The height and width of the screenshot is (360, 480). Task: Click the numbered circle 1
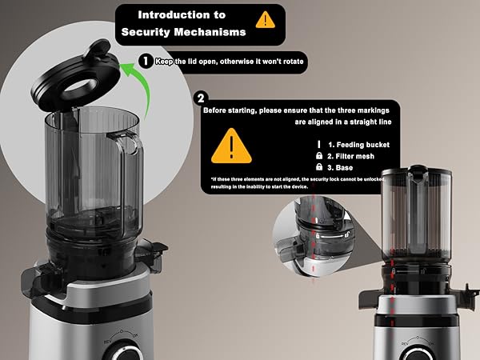tap(146, 61)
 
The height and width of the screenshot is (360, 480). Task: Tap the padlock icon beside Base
tap(319, 166)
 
